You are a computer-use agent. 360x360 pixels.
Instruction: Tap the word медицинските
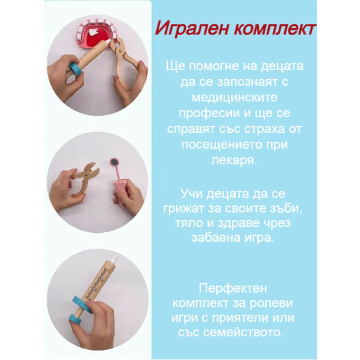[x=235, y=98]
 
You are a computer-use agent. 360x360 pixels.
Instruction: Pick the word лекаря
[x=234, y=161]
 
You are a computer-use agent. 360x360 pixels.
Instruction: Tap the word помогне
[x=213, y=67]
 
